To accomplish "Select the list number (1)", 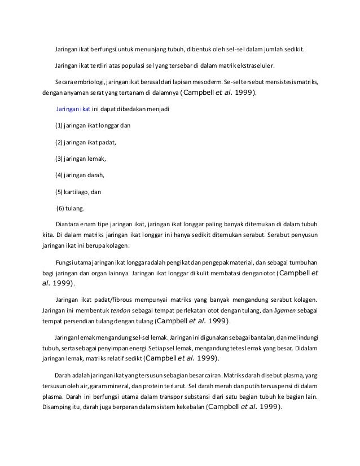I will point(59,125).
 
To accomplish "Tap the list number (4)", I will point(59,175).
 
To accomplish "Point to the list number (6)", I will point(60,208).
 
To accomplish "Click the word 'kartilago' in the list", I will point(77,191).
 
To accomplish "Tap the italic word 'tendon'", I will point(120,310).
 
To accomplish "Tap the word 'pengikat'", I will point(173,262).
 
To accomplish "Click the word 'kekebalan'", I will point(187,408).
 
